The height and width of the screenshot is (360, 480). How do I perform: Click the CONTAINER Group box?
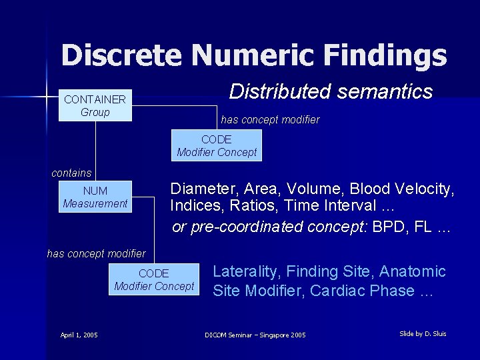tap(95, 106)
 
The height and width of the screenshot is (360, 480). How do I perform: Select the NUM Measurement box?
tap(95, 197)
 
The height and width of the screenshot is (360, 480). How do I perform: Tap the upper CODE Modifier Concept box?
tap(217, 146)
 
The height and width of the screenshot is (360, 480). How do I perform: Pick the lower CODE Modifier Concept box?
tap(154, 280)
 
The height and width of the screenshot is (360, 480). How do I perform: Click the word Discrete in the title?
tap(120, 55)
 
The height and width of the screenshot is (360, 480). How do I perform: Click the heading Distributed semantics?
tap(331, 91)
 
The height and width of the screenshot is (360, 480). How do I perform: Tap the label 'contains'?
tap(71, 173)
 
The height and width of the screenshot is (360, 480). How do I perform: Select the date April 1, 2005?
tap(79, 335)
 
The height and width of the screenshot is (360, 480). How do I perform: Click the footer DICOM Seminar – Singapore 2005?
tap(255, 335)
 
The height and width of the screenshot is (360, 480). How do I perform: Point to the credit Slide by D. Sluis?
tap(423, 333)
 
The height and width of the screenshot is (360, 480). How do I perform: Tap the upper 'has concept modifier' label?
tap(270, 120)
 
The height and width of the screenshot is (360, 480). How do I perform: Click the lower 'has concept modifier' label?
tap(96, 253)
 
